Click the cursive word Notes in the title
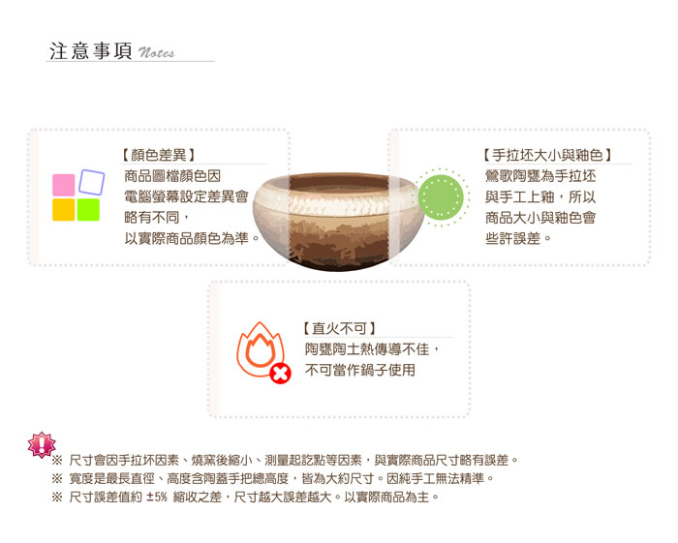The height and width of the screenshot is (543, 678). [x=156, y=52]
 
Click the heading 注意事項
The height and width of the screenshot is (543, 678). [x=90, y=51]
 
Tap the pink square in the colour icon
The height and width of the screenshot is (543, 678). [x=63, y=185]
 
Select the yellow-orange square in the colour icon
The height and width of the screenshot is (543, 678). [x=63, y=209]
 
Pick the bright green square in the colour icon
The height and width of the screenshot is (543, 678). [x=88, y=209]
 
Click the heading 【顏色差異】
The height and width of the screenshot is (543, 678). [x=158, y=155]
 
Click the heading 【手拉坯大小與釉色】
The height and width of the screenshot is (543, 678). [x=547, y=155]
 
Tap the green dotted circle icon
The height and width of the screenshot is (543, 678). [x=441, y=197]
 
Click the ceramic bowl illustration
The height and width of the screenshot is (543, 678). [x=339, y=222]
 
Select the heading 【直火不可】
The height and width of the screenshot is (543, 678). [x=339, y=328]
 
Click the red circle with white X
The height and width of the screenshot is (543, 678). [x=280, y=374]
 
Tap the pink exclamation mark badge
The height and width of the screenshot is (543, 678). [x=42, y=444]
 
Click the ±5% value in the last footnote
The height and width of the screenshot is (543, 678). [x=157, y=498]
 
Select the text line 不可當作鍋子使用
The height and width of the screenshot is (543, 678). [x=360, y=370]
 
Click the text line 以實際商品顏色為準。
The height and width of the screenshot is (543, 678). [x=192, y=238]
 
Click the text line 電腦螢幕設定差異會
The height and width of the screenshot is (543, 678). [x=186, y=196]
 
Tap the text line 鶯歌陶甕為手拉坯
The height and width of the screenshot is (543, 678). [x=540, y=176]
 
